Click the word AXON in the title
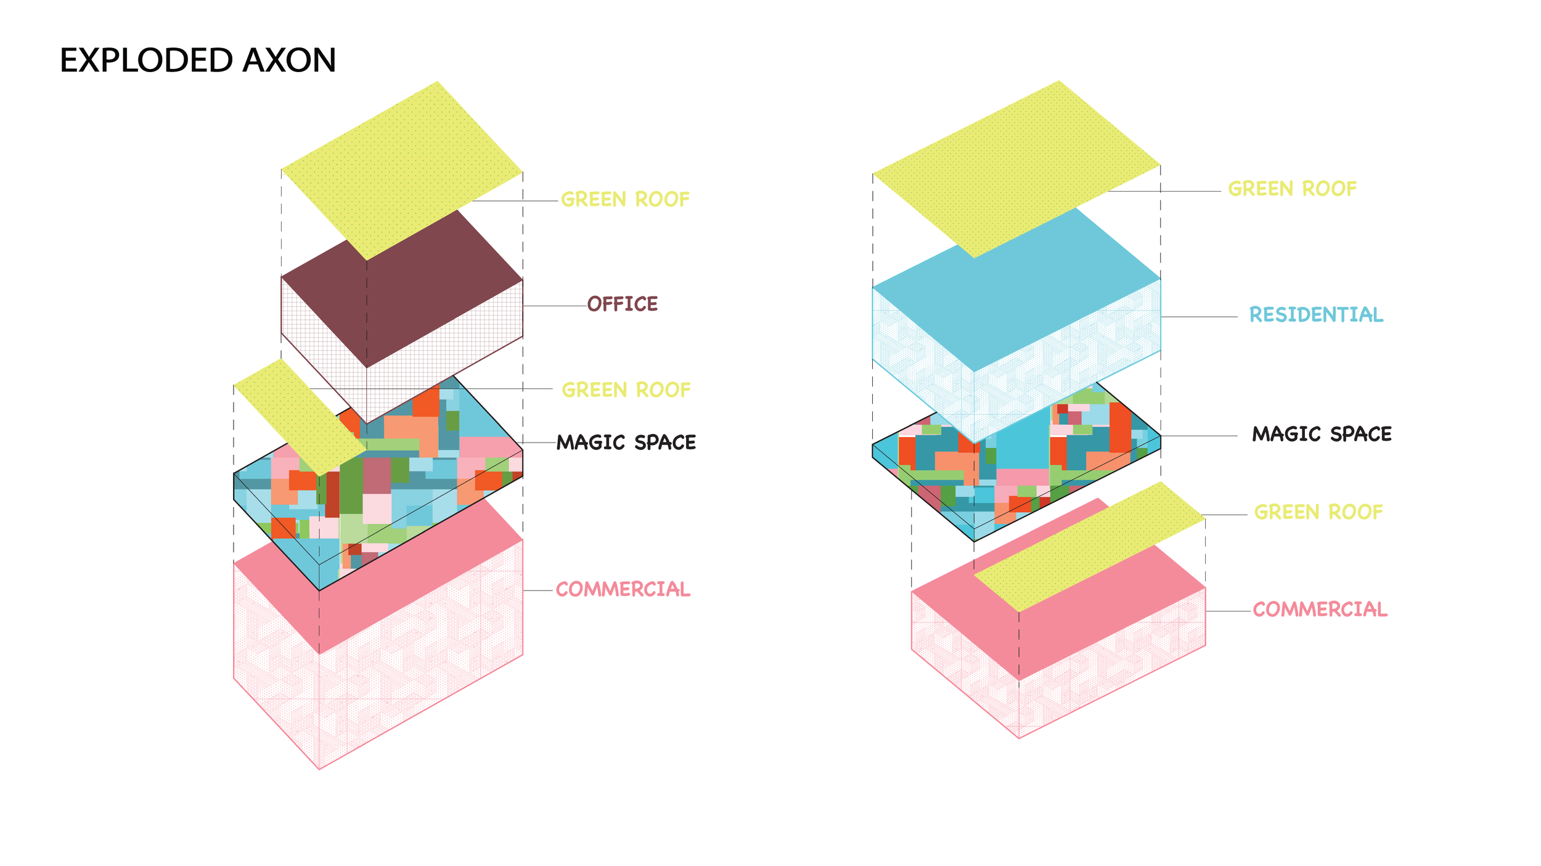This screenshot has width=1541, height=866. tap(289, 60)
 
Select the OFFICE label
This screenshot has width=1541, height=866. tap(623, 304)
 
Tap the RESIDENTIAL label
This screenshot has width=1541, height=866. tap(1316, 315)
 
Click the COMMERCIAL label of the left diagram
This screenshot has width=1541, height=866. tap(623, 589)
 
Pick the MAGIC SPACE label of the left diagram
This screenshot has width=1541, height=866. tap(626, 443)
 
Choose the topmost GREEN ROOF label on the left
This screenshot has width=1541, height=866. tap(625, 200)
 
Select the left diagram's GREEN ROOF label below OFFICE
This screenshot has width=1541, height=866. tap(626, 390)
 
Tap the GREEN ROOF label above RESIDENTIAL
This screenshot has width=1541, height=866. tap(1293, 189)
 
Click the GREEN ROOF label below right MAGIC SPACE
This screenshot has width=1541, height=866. tap(1318, 512)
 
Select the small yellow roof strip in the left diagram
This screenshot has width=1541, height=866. tap(299, 416)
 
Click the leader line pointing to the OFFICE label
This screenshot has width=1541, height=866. tap(555, 306)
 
